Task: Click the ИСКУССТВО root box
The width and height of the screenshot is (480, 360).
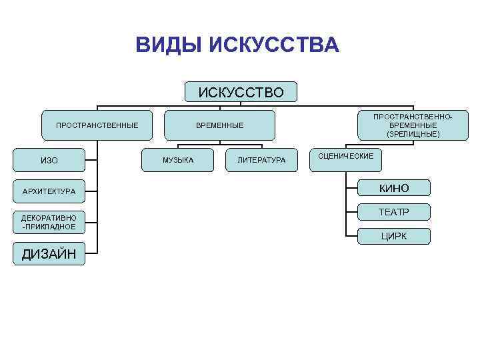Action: [241, 92]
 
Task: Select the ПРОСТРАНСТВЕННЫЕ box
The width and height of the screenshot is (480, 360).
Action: [97, 125]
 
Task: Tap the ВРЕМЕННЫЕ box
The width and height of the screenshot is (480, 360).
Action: [219, 125]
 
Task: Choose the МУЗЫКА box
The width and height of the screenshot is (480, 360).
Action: [178, 160]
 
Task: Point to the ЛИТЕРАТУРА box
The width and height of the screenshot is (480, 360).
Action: [261, 160]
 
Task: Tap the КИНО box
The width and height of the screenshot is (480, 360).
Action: [394, 189]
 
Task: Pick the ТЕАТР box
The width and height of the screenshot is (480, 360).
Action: [394, 213]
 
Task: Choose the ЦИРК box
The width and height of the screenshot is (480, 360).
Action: [394, 236]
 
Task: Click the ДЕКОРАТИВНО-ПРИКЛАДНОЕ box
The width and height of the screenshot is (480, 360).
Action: [49, 222]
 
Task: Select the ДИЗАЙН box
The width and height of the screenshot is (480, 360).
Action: [49, 253]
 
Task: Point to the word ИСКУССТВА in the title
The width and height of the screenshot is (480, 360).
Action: [274, 45]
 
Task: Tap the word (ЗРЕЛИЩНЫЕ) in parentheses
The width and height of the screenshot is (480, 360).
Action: [413, 134]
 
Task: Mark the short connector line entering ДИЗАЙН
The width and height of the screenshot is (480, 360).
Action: [92, 253]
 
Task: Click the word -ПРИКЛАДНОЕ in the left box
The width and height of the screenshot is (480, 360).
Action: [49, 227]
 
